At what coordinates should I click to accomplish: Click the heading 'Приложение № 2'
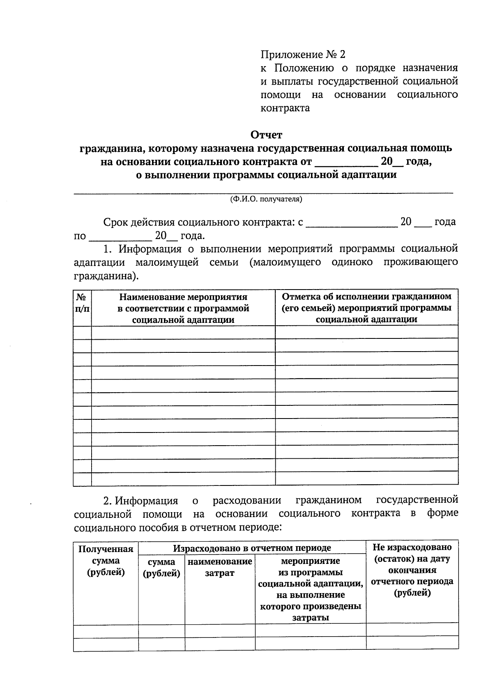point(303,55)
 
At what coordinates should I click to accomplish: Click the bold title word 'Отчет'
point(267,135)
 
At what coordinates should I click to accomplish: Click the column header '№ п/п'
point(82,303)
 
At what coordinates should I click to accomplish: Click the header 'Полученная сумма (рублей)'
point(106,561)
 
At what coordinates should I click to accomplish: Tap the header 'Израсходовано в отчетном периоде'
point(252,548)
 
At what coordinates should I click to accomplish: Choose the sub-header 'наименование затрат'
point(220,567)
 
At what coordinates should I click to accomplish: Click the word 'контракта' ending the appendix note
point(285,108)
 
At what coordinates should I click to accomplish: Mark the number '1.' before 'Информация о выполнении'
point(107,249)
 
